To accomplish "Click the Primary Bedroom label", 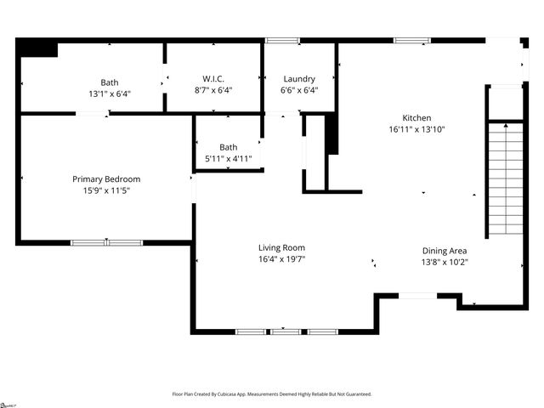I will coord(106,179).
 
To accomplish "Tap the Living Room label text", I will coord(281,247).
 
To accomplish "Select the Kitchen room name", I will coord(416,118).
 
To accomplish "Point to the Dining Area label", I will coord(445,251).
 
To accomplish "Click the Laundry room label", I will coord(298,79).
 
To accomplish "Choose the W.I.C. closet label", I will coord(212,79).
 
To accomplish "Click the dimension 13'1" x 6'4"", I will coord(110,93).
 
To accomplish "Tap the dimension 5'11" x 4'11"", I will coord(228,159).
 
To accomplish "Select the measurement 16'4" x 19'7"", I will coord(281,258).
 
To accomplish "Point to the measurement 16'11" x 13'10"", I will coord(416,129).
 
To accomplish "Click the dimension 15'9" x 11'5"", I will coord(106,190).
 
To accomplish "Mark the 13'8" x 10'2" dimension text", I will coord(445,262).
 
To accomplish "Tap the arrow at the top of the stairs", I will coord(506,126).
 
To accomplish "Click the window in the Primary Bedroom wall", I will coord(106,242).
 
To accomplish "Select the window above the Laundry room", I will coord(282,40).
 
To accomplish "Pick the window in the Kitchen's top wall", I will coord(411,40).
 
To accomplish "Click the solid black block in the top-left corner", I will coord(37,48).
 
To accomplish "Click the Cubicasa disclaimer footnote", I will coord(272,394).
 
